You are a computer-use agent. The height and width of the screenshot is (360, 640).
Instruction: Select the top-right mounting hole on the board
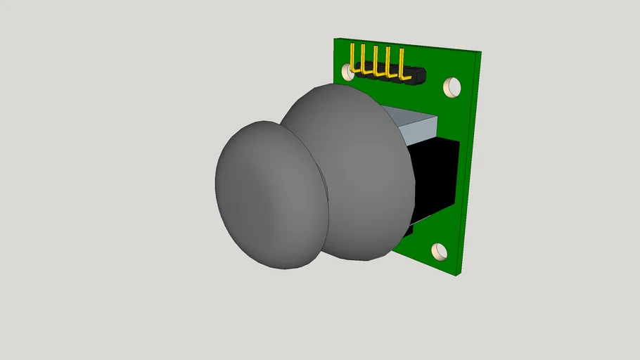click(452, 87)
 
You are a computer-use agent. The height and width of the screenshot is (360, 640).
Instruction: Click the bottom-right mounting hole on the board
click(440, 251)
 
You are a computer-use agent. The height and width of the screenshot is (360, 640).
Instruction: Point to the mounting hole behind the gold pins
click(347, 71)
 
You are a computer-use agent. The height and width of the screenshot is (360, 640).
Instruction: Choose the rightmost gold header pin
click(401, 63)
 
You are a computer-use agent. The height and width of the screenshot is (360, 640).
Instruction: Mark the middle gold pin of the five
click(376, 60)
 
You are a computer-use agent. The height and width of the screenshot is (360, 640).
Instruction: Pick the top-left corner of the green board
click(335, 37)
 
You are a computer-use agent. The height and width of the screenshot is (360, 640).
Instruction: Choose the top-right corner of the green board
click(482, 52)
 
